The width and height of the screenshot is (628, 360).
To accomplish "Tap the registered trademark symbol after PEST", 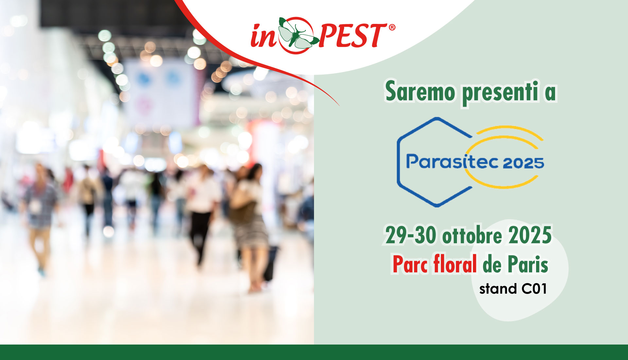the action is [392, 27].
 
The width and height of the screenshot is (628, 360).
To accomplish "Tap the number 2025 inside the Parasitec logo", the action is [523, 163].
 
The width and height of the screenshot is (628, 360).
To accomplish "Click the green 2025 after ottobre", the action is [530, 235].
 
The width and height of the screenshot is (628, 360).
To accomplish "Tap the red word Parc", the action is [410, 264].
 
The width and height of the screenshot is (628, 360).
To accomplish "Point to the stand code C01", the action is [534, 289].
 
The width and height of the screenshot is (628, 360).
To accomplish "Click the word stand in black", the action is [498, 289].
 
